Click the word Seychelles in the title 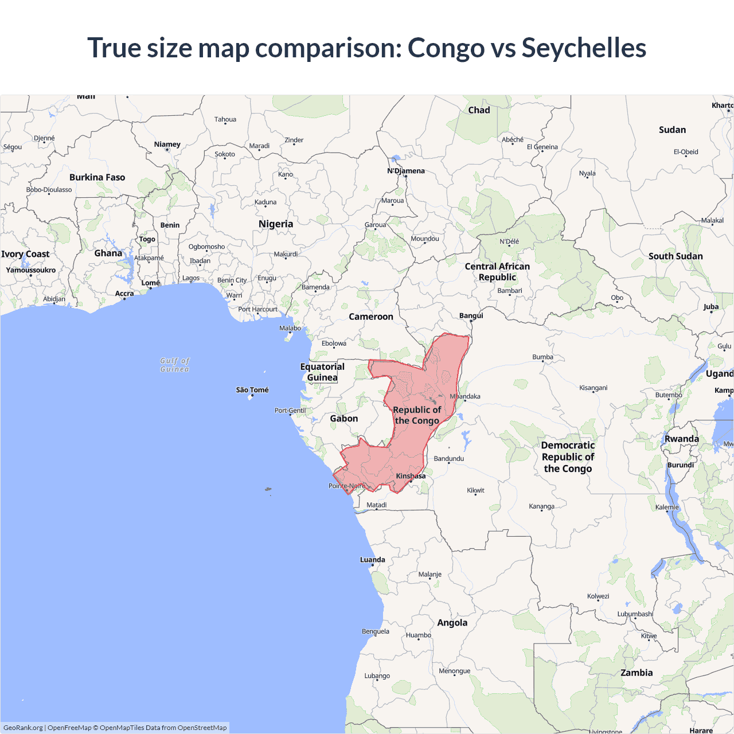tap(584, 48)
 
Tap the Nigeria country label tap(276, 224)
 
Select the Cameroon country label tap(371, 317)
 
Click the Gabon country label tap(344, 419)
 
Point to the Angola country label tap(452, 623)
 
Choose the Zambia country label tap(637, 673)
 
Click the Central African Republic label tap(497, 272)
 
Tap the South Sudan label tap(676, 256)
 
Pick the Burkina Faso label tap(97, 177)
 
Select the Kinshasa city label tap(411, 476)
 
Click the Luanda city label tap(373, 560)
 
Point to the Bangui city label tap(471, 315)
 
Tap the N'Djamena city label tap(406, 171)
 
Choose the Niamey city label tap(167, 145)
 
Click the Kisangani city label tap(594, 388)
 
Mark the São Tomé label tap(252, 390)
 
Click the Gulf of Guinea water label tap(175, 365)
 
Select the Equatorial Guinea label tap(322, 372)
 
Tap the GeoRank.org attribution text tap(23, 728)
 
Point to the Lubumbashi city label tap(635, 614)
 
